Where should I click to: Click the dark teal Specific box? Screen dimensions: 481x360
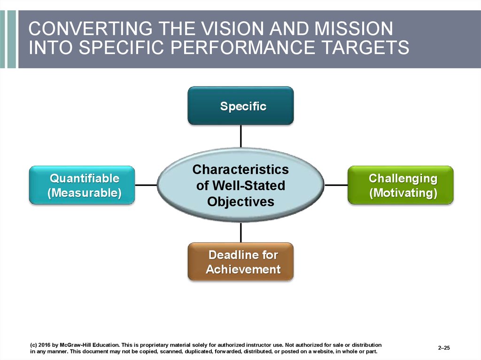coord(240,106)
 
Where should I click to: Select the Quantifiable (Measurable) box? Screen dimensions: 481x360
coord(82,185)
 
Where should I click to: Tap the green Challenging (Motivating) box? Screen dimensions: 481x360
coord(400,185)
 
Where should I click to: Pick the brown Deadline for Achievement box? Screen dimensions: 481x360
coord(240,261)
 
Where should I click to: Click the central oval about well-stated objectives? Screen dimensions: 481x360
coord(240,185)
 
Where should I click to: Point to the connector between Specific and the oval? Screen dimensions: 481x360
coord(241,137)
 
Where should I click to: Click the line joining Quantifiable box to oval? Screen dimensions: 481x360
coord(146,185)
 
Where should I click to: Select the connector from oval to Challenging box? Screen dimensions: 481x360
coord(336,185)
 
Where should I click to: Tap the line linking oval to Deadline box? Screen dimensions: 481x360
coord(241,232)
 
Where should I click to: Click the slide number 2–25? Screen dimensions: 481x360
coord(444,348)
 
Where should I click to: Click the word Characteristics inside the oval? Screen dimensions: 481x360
coord(240,169)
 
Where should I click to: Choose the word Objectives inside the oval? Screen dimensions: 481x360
coord(240,201)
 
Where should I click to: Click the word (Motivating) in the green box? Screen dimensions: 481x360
coord(403,193)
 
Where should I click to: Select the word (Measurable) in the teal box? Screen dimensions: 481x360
coord(85,193)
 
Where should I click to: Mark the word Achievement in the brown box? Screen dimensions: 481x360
coord(243,269)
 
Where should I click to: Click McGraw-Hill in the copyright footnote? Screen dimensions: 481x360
coord(74,345)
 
